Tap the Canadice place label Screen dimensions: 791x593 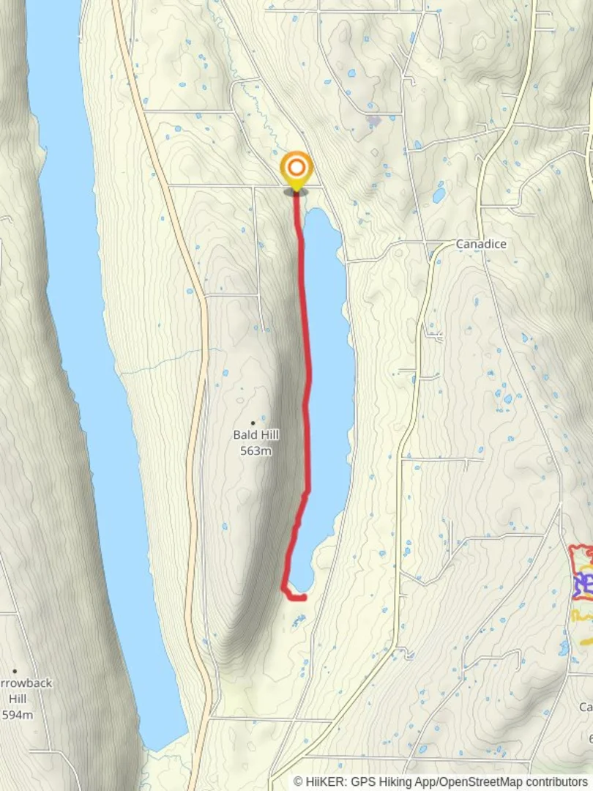(480, 244)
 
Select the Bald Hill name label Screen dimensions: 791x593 (256, 435)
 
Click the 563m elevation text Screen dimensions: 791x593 (256, 450)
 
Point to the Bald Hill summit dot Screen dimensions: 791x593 (253, 423)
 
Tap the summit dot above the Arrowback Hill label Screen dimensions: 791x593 (15, 670)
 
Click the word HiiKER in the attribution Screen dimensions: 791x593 (323, 782)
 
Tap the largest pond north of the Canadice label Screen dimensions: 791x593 (439, 194)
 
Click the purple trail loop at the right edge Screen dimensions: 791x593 (583, 584)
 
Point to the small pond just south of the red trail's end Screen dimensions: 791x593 (297, 622)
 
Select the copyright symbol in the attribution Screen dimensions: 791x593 (298, 782)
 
